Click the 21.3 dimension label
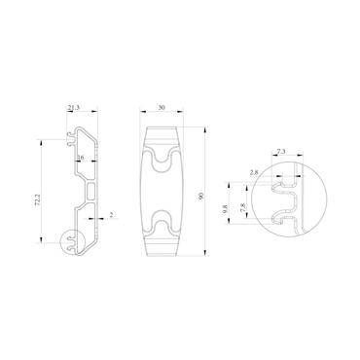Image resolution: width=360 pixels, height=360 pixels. (74, 108)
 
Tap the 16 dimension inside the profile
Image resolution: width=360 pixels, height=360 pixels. (80, 157)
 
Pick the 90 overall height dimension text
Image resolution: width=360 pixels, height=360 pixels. (201, 196)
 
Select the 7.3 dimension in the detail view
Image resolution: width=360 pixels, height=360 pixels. (280, 151)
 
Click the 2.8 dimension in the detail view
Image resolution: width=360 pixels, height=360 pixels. (254, 172)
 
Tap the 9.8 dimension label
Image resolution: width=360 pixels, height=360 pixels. (225, 208)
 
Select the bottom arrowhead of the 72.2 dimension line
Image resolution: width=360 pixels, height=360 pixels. (42, 238)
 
